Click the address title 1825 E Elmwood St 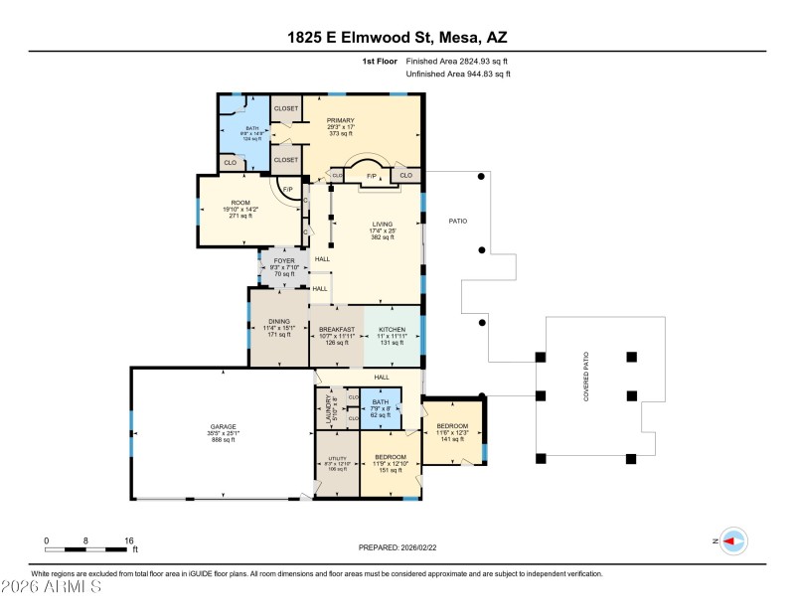click(x=397, y=39)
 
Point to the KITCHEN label click(x=393, y=329)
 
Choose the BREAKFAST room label click(x=336, y=329)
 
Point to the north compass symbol click(x=733, y=540)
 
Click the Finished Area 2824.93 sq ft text click(x=458, y=61)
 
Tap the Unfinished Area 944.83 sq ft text click(x=458, y=75)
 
